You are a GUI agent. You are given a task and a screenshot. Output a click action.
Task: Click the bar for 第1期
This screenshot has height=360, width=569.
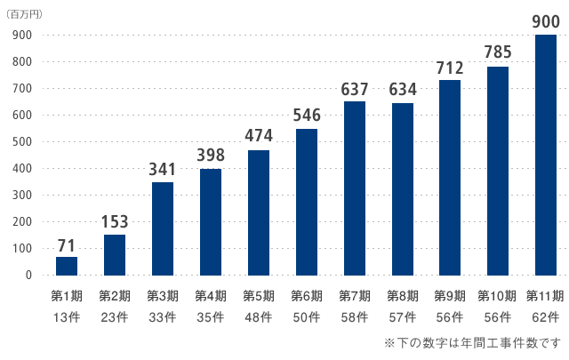[x=67, y=266]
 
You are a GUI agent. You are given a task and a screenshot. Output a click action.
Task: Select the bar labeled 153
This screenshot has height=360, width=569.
[x=115, y=254]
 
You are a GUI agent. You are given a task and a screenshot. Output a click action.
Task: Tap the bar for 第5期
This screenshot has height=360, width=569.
[x=259, y=212]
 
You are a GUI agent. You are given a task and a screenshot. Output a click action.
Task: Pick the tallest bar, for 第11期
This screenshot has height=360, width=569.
[x=545, y=155]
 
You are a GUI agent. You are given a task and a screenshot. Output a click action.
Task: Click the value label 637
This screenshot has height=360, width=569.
[x=354, y=89]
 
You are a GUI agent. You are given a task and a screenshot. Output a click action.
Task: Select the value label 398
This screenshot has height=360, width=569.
[x=211, y=156]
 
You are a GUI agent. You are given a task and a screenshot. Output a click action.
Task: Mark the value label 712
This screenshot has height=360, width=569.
[x=450, y=68]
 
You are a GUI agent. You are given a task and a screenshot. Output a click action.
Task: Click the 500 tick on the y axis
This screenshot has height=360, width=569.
[x=23, y=141]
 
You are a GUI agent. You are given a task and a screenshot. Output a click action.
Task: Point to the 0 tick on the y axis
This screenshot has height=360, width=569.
[x=28, y=275]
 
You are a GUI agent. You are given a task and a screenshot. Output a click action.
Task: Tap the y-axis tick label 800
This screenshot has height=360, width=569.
[x=23, y=61]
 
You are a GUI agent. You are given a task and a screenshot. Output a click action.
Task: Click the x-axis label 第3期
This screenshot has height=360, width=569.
[x=163, y=296]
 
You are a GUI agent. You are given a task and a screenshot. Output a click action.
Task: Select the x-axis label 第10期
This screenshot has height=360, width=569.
[x=497, y=296]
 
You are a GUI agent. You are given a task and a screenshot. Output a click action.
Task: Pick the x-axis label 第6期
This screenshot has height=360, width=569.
[x=307, y=296]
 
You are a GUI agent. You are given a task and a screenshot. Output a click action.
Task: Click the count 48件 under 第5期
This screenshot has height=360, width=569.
[x=259, y=316]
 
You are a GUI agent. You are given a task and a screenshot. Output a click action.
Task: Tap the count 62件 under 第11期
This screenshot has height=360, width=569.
[x=545, y=316]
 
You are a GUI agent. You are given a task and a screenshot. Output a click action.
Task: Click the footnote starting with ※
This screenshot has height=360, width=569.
[x=472, y=342]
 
